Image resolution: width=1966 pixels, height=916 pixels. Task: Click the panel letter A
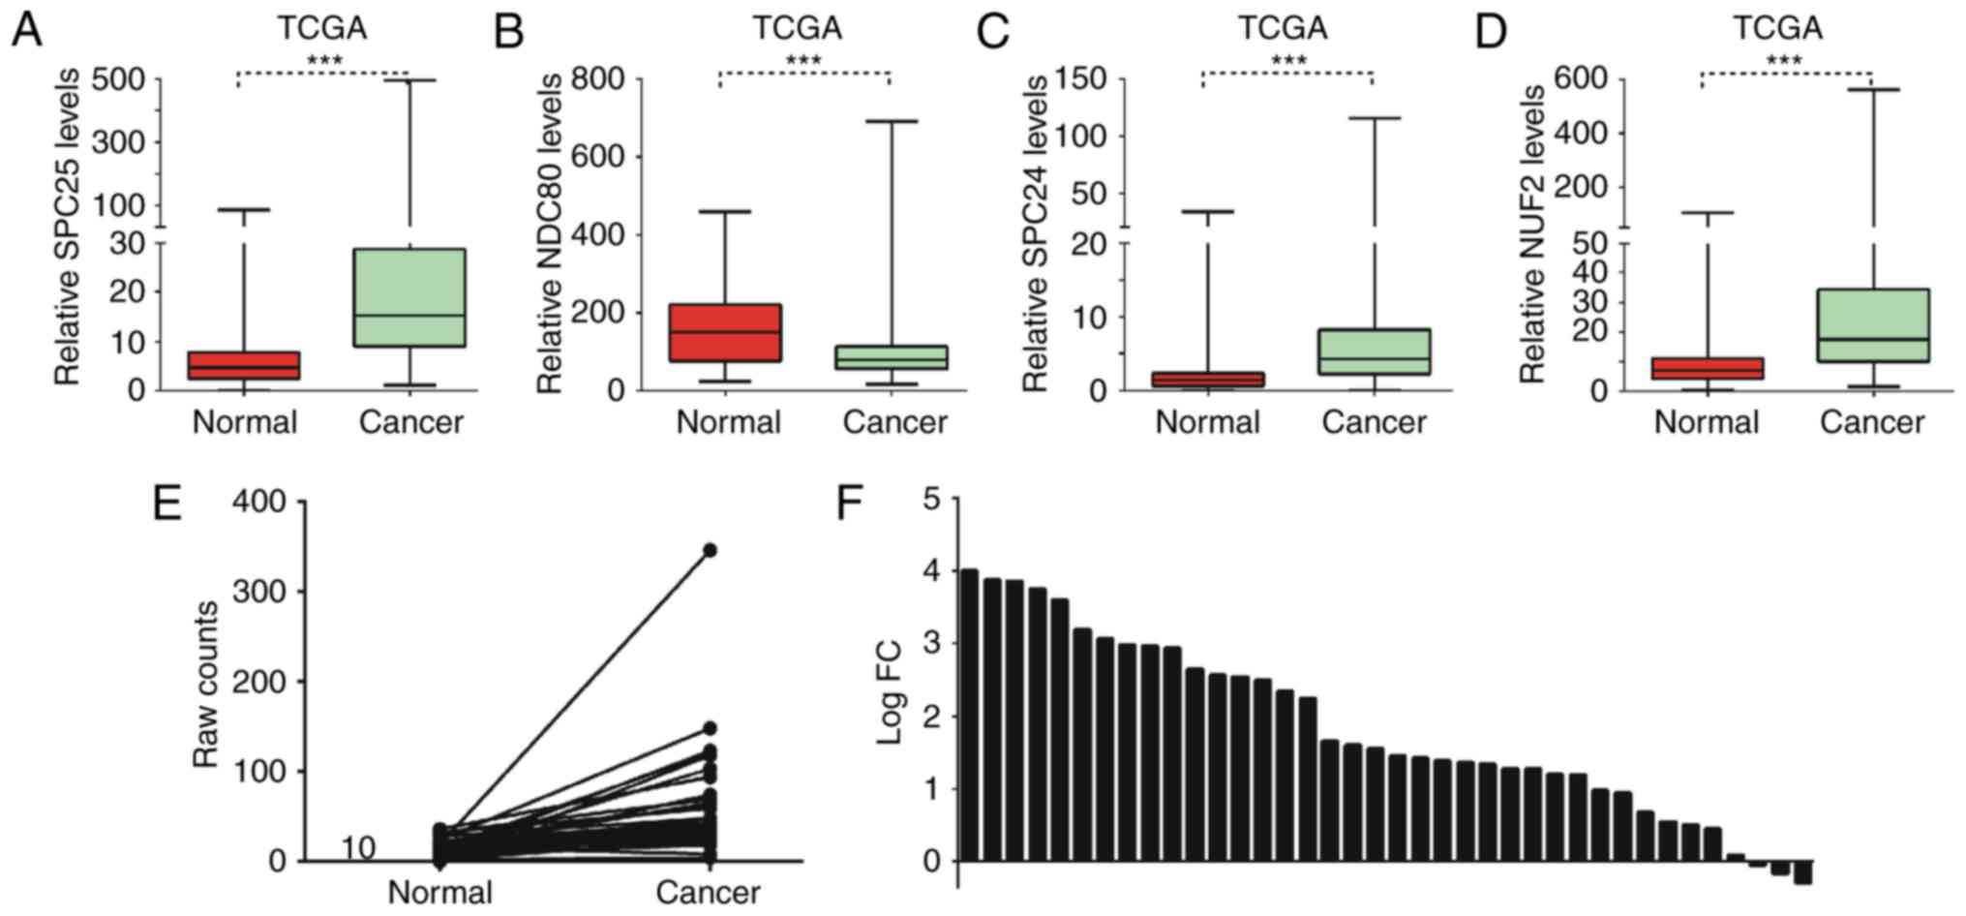(26, 31)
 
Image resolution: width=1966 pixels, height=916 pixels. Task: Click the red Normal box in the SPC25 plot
(244, 365)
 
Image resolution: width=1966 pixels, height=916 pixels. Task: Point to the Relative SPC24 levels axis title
(1036, 234)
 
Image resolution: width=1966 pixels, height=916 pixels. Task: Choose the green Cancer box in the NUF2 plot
(1873, 325)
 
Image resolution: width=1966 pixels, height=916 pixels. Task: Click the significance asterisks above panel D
(1784, 62)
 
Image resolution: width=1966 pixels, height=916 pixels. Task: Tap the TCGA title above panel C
(1283, 28)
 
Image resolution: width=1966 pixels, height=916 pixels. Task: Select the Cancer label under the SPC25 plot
(410, 422)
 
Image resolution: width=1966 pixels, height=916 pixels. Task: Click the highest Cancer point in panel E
(710, 550)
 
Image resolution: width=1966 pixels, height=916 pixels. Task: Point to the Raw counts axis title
(206, 684)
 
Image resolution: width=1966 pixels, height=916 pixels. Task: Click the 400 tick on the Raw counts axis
(260, 502)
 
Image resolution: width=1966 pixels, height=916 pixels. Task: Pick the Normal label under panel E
(440, 892)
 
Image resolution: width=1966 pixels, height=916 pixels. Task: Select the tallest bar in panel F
(969, 715)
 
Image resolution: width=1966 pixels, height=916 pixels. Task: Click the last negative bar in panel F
(1802, 871)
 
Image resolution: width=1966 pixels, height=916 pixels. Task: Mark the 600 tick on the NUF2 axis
(1580, 77)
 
